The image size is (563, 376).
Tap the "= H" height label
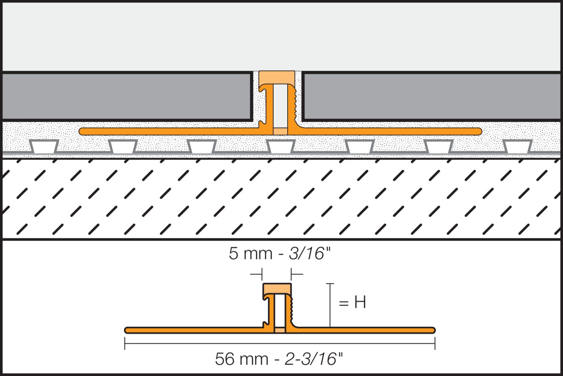pyautogui.click(x=352, y=303)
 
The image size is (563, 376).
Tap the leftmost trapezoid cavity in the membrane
pyautogui.click(x=44, y=146)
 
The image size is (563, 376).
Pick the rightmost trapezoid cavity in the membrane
pyautogui.click(x=517, y=146)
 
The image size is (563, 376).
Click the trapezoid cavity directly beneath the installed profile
pyautogui.click(x=281, y=146)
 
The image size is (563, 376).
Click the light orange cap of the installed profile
pyautogui.click(x=277, y=77)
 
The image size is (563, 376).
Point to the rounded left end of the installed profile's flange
pyautogui.click(x=82, y=131)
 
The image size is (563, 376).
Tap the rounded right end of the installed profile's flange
pyautogui.click(x=478, y=131)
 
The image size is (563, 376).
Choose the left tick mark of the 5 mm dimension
pyautogui.click(x=262, y=274)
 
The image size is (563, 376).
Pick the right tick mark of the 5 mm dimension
pyautogui.click(x=291, y=274)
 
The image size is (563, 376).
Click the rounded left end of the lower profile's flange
pyautogui.click(x=128, y=330)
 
